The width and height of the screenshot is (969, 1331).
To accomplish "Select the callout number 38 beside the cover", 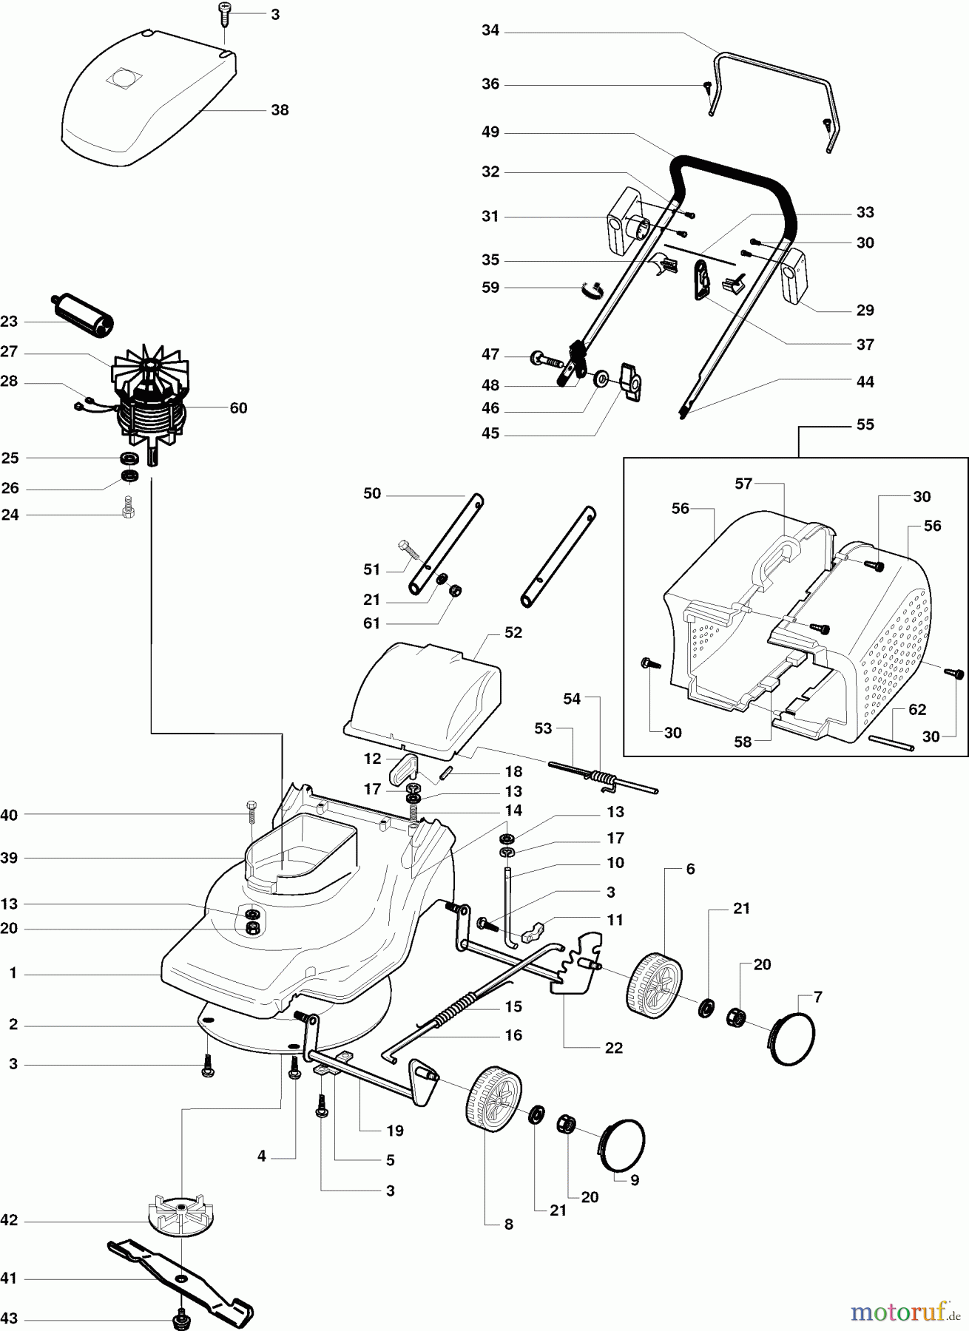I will point(280,110).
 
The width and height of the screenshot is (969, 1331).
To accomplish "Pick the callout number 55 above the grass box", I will point(865,424).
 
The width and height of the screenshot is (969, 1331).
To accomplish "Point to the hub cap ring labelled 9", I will point(621,1145).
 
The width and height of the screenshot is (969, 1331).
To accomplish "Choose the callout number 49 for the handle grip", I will point(490,132).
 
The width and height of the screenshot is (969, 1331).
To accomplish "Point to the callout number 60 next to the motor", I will point(238,408).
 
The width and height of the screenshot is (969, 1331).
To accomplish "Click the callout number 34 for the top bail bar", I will point(490,31).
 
